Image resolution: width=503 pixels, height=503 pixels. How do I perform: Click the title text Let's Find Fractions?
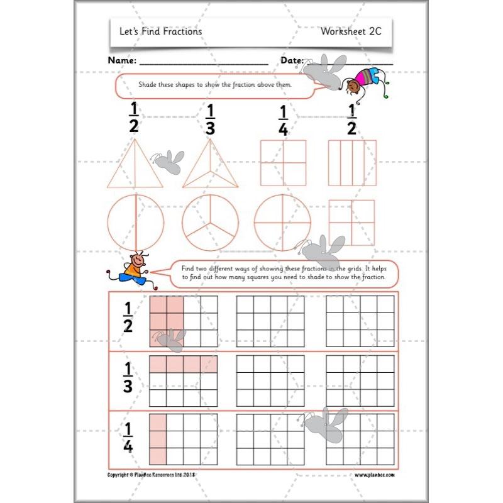[x=160, y=31]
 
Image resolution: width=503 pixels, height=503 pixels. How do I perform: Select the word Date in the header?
[x=292, y=61]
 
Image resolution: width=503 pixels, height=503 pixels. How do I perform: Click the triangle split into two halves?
[x=135, y=165]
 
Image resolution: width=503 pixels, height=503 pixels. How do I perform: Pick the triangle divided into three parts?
[x=210, y=165]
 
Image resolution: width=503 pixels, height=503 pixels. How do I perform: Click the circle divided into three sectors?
[x=210, y=223]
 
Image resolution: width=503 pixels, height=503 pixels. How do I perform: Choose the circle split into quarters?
[x=282, y=223]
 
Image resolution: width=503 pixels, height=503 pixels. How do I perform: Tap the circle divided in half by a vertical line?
[x=135, y=223]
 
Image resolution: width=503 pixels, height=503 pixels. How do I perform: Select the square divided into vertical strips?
[x=351, y=163]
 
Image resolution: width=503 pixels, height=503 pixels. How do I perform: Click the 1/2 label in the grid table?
[x=128, y=318]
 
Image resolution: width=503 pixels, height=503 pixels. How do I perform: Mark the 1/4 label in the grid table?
[x=128, y=436]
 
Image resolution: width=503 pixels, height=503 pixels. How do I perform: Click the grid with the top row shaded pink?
[x=183, y=381]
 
